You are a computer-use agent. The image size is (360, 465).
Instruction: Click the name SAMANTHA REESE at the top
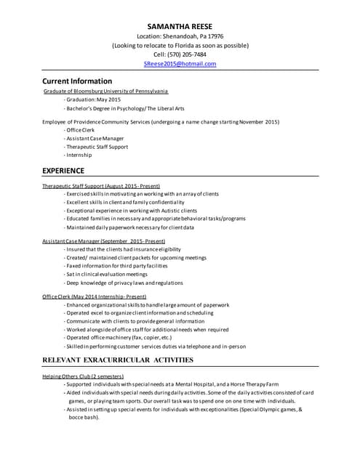tap(180, 26)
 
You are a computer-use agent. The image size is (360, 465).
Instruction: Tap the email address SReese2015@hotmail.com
tap(180, 64)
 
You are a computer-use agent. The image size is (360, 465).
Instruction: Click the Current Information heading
tap(77, 81)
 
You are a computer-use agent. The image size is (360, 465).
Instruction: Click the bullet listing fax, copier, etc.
tap(118, 338)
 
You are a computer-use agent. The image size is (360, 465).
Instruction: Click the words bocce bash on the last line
tap(82, 418)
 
